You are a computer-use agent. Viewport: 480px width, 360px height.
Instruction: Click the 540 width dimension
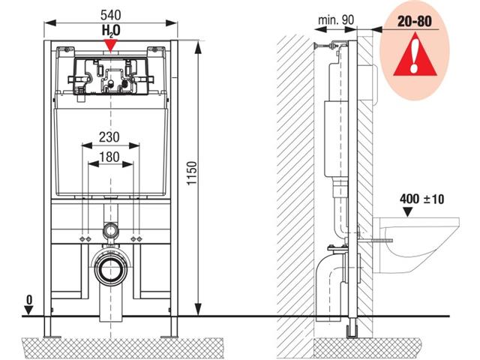pos(111,15)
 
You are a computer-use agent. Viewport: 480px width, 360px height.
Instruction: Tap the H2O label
pos(111,31)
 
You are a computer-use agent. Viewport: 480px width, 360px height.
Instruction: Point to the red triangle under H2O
pos(110,45)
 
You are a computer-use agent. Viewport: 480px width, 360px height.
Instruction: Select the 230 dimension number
pos(109,136)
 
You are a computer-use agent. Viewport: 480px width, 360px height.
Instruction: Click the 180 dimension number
pos(109,157)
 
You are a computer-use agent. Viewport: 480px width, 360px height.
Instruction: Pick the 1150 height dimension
pos(192,173)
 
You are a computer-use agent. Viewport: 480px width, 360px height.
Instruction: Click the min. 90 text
pos(336,20)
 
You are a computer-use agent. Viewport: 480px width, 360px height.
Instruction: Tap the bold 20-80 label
pos(415,21)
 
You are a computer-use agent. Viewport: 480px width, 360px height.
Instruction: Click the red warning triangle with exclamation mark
pos(415,55)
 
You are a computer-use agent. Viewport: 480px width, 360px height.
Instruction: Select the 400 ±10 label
pos(421,199)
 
